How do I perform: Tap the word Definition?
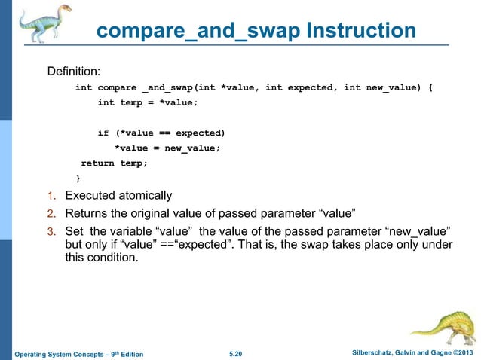tap(74, 72)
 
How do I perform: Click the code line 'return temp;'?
tap(115, 163)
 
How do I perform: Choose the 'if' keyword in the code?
tap(103, 133)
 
